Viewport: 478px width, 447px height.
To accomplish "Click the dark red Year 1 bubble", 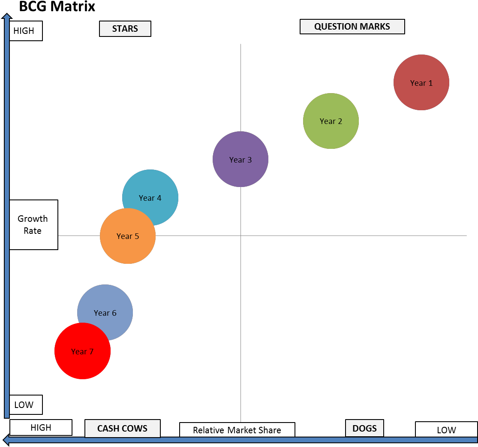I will point(421,82).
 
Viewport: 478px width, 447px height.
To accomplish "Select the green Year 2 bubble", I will point(331,121).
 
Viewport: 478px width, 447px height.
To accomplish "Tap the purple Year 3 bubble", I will point(241,159).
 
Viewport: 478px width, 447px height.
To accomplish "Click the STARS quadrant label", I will point(125,29).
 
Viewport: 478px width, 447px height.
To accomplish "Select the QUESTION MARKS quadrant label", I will point(352,27).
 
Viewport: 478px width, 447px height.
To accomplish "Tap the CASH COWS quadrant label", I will point(122,428).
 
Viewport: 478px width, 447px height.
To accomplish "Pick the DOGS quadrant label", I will point(364,428).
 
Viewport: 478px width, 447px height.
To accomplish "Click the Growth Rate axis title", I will point(33,225).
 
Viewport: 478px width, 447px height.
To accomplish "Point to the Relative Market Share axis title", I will point(237,430).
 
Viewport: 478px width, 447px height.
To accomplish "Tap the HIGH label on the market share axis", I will point(41,428).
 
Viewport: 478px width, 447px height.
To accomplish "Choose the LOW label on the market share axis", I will point(446,430).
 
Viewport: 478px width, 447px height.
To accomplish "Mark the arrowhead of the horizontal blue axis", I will point(6,440).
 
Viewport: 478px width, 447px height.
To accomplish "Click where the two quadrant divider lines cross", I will point(241,236).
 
